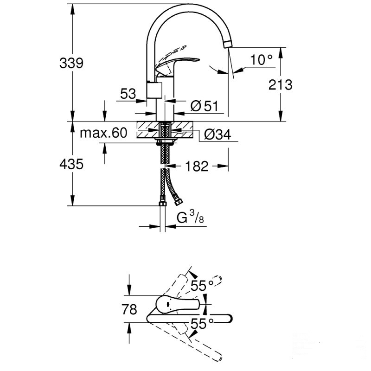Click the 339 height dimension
point(71,63)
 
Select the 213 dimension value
point(281,84)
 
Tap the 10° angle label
point(261,59)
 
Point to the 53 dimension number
point(128,94)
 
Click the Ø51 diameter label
point(204,106)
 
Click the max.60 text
point(103,134)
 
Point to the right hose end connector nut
point(178,203)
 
